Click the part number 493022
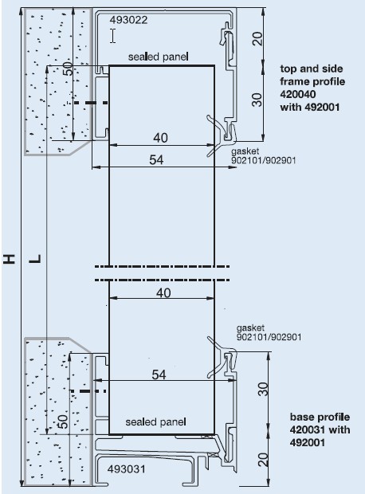[128, 20]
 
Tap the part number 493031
[127, 469]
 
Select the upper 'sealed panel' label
[159, 57]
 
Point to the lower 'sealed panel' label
[155, 421]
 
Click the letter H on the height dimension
[10, 258]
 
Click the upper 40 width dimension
[160, 138]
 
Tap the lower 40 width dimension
[163, 292]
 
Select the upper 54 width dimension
[157, 159]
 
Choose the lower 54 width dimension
[159, 374]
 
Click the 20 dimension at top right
[257, 39]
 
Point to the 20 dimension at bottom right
[263, 460]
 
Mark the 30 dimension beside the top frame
[257, 100]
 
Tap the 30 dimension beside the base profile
[263, 389]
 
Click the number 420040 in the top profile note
[298, 94]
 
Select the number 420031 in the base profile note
[308, 429]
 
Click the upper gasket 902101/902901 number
[264, 160]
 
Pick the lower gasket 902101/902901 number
[269, 337]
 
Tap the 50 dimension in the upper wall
[68, 69]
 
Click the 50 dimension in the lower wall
[63, 421]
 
